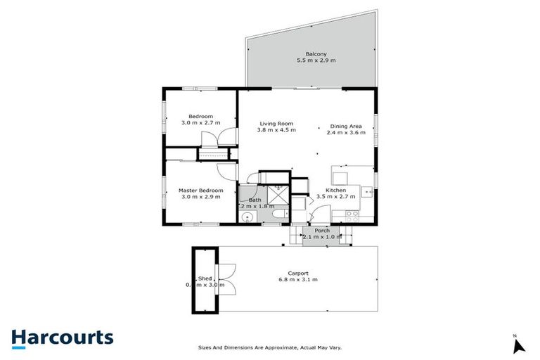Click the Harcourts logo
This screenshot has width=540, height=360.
pyautogui.click(x=62, y=337)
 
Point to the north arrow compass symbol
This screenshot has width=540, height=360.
pyautogui.click(x=519, y=345)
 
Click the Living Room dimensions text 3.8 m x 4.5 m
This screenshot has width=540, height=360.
pyautogui.click(x=276, y=130)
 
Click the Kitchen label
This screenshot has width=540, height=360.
pyautogui.click(x=335, y=190)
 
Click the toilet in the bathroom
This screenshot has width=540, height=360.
pyautogui.click(x=279, y=214)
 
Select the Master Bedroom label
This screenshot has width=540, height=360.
pyautogui.click(x=200, y=190)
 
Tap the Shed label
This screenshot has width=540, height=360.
pyautogui.click(x=205, y=278)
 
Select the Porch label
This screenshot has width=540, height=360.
pyautogui.click(x=322, y=230)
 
